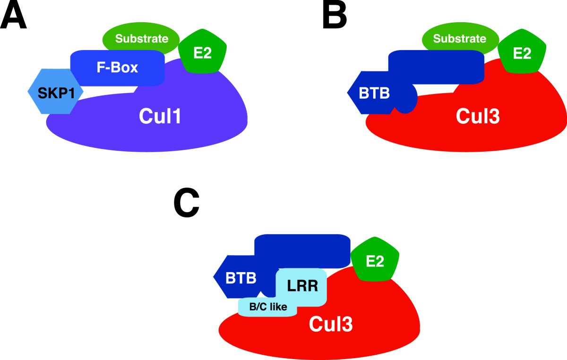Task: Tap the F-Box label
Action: (117, 68)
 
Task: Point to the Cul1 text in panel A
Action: (160, 116)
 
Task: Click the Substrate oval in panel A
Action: (141, 38)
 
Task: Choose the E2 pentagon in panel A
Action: (202, 53)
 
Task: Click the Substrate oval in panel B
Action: (459, 38)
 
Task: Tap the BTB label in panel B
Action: (374, 93)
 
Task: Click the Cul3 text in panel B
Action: (478, 116)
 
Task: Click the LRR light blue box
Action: (302, 285)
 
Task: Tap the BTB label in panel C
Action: (241, 278)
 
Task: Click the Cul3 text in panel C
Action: (330, 324)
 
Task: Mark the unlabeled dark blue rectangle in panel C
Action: (302, 249)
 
